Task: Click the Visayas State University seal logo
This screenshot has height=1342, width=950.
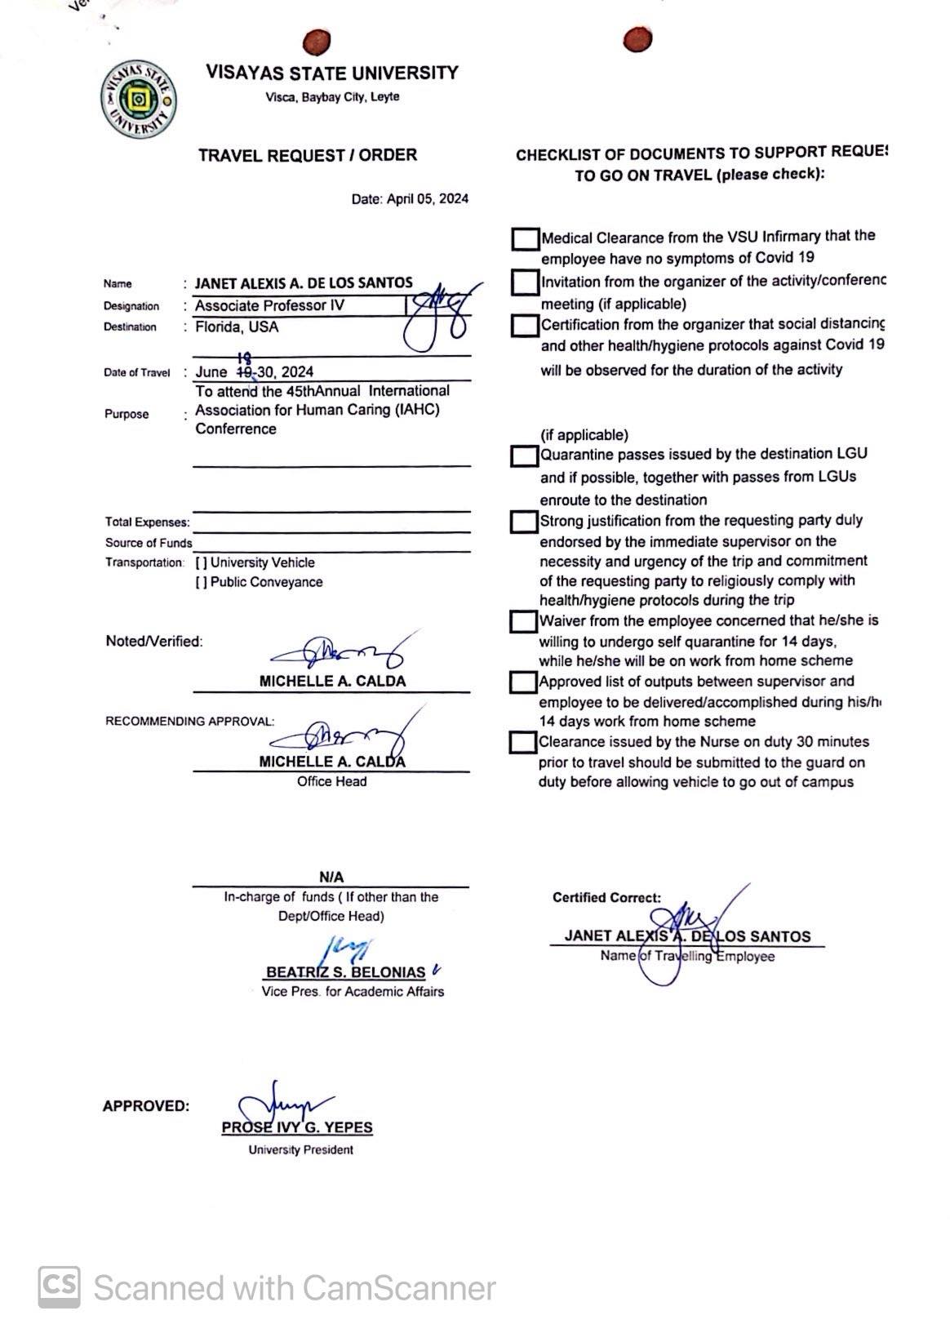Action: tap(138, 100)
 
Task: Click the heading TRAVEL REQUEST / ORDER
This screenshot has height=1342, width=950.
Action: tap(307, 155)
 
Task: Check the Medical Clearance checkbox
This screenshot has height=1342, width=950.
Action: tap(525, 238)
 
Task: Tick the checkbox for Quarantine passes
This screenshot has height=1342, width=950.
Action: tap(523, 455)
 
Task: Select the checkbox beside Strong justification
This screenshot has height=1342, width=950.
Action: tap(523, 522)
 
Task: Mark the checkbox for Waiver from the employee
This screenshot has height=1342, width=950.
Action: tap(522, 622)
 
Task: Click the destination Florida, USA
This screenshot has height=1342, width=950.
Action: tap(237, 327)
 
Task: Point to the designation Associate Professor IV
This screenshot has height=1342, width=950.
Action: tap(269, 306)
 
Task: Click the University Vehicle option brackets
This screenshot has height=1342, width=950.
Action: tap(201, 563)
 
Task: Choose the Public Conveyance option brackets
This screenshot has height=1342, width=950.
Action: tap(201, 583)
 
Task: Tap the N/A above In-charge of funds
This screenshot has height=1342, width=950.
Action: tap(331, 878)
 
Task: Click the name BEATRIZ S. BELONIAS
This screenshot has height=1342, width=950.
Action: tap(345, 972)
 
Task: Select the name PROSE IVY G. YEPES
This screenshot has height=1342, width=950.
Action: tap(297, 1128)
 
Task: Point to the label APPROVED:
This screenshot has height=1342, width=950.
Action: tap(146, 1107)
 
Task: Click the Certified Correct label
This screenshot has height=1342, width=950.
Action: tap(606, 898)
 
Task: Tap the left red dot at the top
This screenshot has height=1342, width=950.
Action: tap(316, 41)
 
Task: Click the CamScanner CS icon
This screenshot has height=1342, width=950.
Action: tap(60, 1287)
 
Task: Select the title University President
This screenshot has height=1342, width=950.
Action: tap(301, 1150)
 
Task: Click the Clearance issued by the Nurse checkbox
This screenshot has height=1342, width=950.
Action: tap(522, 743)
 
